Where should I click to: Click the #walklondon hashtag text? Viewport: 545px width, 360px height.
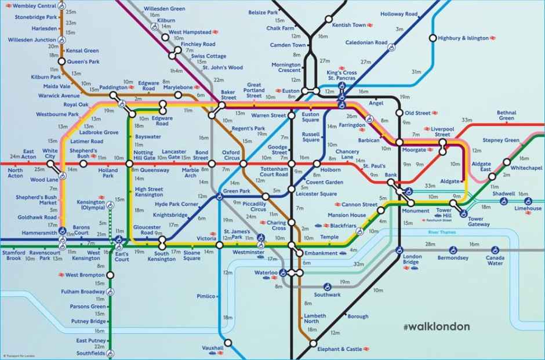[436, 326]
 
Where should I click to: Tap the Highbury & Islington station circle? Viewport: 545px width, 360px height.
[432, 38]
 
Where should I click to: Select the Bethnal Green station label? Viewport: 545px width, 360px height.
[506, 115]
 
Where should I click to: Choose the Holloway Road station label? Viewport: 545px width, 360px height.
[399, 14]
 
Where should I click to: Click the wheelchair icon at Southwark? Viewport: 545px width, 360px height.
[326, 286]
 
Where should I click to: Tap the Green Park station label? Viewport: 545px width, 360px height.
[237, 191]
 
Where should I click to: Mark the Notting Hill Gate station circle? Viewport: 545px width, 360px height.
[130, 164]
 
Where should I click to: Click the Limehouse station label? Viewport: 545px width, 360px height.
[528, 209]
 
